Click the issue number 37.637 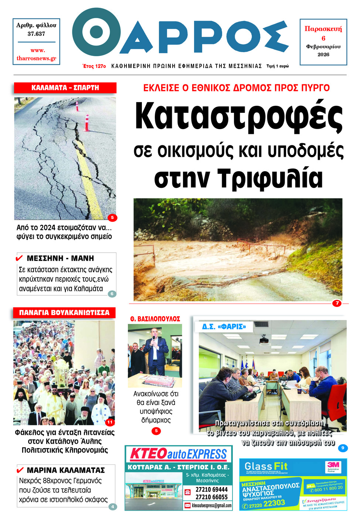click(36, 34)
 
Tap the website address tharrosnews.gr click(36, 58)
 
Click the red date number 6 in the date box click(323, 38)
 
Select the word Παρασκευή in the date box click(323, 29)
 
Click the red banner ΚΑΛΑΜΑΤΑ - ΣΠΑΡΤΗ click(65, 88)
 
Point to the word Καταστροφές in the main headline click(239, 115)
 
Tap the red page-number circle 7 click(337, 303)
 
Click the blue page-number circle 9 click(343, 448)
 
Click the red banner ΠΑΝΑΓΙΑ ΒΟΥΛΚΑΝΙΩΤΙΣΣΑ click(64, 312)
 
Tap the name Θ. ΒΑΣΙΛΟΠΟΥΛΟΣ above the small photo click(155, 319)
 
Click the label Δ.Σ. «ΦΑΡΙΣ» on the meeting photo click(224, 327)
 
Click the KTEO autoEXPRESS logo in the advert click(179, 454)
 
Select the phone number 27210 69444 click(211, 490)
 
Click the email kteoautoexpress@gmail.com click(211, 506)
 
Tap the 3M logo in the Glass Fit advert click(333, 467)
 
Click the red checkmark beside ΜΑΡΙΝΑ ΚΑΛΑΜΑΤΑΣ click(20, 470)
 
